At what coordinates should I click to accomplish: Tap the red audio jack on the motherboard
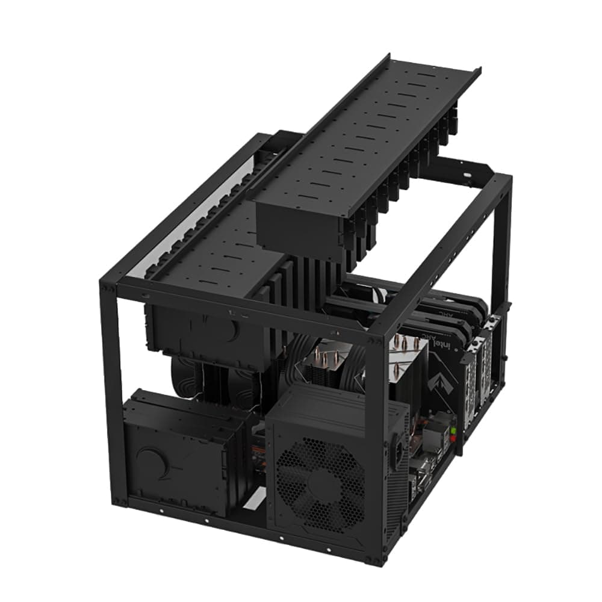(453, 439)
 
